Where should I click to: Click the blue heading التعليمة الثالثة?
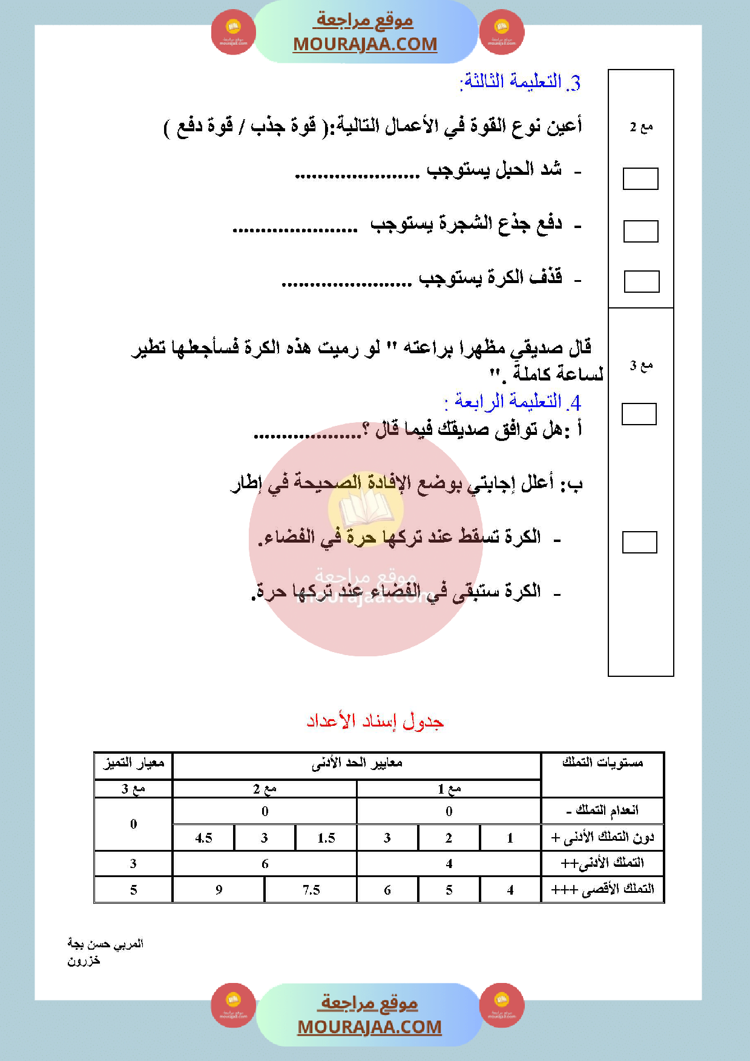[x=521, y=82]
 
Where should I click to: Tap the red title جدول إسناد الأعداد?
[x=375, y=721]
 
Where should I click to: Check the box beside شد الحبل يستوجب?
[x=640, y=179]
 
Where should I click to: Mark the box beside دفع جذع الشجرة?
[x=640, y=231]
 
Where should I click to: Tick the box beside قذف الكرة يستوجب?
[x=641, y=282]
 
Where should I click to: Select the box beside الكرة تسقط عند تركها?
[x=639, y=542]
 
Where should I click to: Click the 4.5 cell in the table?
[x=203, y=838]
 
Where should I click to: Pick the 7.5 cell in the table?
[x=311, y=890]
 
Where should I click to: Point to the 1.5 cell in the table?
[x=326, y=838]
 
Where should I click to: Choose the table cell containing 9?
[x=219, y=890]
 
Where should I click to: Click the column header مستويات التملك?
[x=602, y=763]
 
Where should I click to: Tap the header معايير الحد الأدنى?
[x=357, y=764]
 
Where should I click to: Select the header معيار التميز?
[x=134, y=763]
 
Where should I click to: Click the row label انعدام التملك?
[x=602, y=811]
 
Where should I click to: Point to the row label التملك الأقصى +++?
[x=602, y=889]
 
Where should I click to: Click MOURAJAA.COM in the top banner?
[x=365, y=44]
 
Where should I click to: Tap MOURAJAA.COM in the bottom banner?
[x=369, y=1027]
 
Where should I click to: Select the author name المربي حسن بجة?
[x=105, y=944]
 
